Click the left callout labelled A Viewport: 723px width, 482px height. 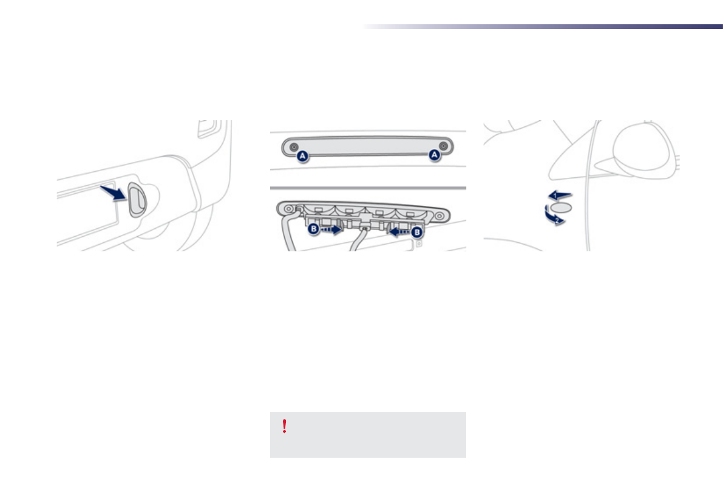point(303,156)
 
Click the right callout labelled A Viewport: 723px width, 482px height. point(433,156)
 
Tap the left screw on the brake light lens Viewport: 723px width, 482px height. point(293,147)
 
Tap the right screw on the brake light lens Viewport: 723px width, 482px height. point(444,147)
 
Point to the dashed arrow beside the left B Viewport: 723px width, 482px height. point(331,231)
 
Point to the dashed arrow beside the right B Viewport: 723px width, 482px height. point(399,231)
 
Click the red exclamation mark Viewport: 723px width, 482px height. point(285,427)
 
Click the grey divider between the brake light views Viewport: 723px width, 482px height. point(368,188)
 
